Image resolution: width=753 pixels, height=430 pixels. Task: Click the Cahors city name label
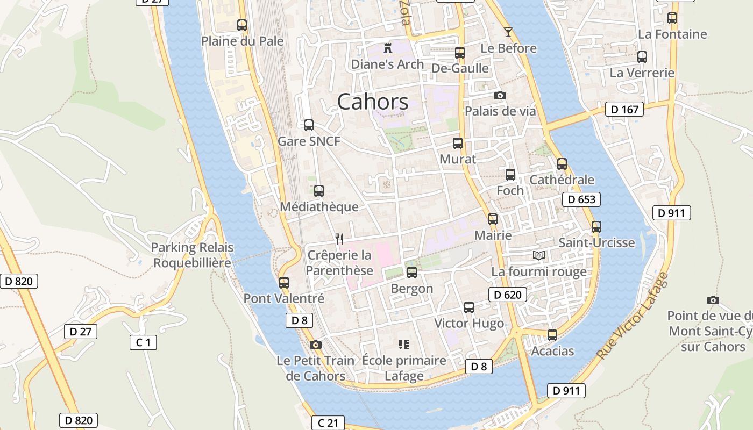pos(373,102)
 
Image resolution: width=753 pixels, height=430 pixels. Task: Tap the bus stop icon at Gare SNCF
pos(308,125)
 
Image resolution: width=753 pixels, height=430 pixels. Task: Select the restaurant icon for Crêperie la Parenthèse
pos(339,239)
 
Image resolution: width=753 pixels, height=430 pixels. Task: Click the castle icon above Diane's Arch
pos(387,48)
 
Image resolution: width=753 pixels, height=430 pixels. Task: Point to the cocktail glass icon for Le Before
pos(508,32)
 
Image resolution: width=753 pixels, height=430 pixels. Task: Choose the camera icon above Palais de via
pos(500,96)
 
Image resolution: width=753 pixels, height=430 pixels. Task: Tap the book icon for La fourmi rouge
pos(538,255)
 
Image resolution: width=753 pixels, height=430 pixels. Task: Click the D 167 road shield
pos(624,110)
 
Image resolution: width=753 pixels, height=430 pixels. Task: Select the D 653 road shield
pos(581,199)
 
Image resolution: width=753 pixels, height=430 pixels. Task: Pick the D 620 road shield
pos(507,295)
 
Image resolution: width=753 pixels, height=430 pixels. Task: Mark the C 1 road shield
pos(143,342)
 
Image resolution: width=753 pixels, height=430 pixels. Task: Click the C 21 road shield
pos(328,423)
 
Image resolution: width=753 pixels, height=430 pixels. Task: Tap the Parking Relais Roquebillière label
pos(192,255)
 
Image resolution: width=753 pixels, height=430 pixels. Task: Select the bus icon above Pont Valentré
pos(283,282)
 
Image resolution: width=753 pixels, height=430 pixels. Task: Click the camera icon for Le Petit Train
pos(316,345)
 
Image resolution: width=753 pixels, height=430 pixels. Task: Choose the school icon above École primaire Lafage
pos(403,344)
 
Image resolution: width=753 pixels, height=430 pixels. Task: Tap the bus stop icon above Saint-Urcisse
pos(596,227)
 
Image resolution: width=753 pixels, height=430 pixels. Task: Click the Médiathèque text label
pos(319,207)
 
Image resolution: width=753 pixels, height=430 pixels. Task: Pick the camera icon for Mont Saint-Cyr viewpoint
pos(713,300)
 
